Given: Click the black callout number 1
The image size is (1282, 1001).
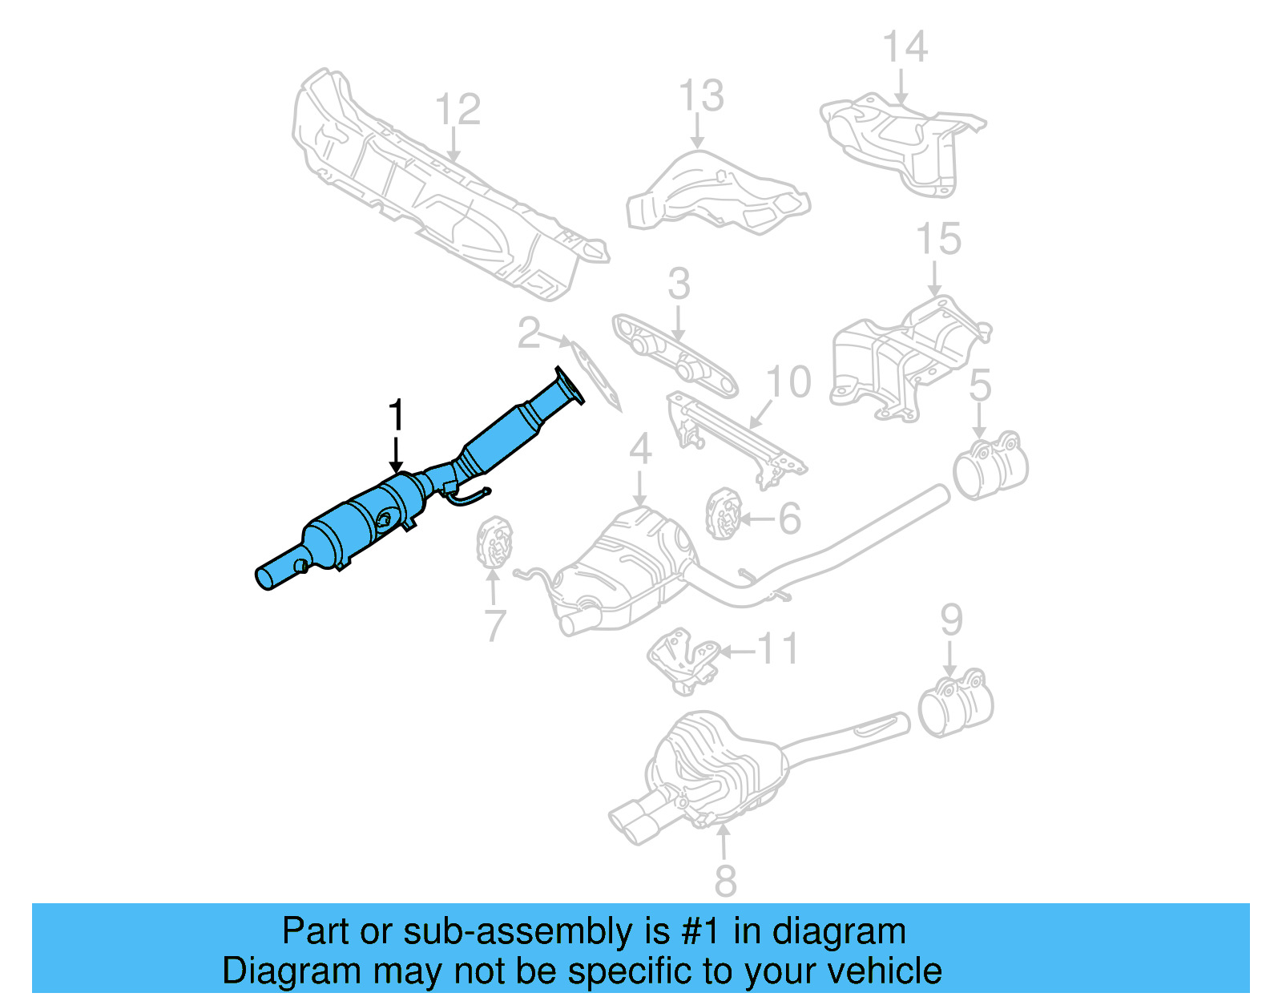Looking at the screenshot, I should pos(396,417).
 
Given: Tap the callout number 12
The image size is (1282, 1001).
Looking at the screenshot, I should pos(458,110).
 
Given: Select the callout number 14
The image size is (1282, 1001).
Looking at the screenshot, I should pos(905,47).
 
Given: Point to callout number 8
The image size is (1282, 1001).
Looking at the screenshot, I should pos(724,881).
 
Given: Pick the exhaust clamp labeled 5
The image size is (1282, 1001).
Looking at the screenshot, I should pos(990,468).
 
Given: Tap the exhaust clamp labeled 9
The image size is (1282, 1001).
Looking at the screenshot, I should pos(955,703).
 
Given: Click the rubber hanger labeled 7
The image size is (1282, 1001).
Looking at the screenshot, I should pos(494,544).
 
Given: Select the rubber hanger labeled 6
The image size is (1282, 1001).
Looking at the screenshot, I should pos(722,513).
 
